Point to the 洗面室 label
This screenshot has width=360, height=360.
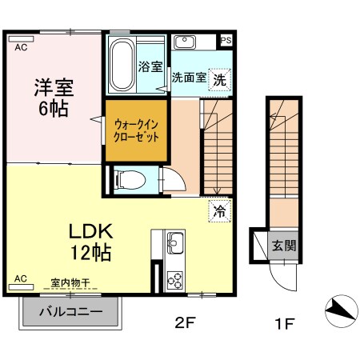pyautogui.click(x=189, y=78)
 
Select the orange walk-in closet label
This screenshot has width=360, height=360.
pyautogui.click(x=136, y=130)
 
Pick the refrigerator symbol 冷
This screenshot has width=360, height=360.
pyautogui.click(x=218, y=211)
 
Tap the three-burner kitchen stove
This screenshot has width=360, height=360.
pyautogui.click(x=175, y=279)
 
